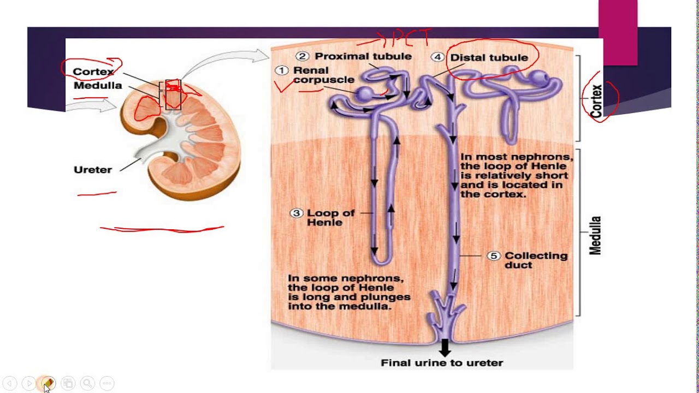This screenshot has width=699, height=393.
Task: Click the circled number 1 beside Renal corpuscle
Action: point(281,70)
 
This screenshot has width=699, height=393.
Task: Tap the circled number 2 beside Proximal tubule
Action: point(303,56)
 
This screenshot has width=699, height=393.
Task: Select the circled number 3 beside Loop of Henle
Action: point(296,213)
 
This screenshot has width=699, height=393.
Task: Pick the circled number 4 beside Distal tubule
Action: point(437,57)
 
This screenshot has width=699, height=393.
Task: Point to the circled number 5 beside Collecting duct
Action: point(494,255)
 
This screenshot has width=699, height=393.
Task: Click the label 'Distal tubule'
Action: point(489,57)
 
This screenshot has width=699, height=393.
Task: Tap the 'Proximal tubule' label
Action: point(363,56)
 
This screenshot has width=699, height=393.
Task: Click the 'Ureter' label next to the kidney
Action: point(92,170)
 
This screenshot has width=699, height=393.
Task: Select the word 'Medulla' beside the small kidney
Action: point(98,86)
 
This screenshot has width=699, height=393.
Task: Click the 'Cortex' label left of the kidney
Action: point(93,72)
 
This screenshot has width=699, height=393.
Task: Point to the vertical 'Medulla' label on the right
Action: point(595,235)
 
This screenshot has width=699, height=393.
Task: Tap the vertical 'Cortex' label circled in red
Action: point(596,101)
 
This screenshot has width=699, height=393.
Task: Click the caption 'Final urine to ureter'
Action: point(441,362)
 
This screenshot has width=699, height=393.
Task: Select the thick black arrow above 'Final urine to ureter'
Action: point(445,347)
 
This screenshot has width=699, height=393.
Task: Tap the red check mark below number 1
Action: point(285,86)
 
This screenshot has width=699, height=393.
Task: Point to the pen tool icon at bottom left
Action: point(48,384)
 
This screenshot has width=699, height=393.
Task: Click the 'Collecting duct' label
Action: point(535,260)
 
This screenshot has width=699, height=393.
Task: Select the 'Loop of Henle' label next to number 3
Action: point(330,218)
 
